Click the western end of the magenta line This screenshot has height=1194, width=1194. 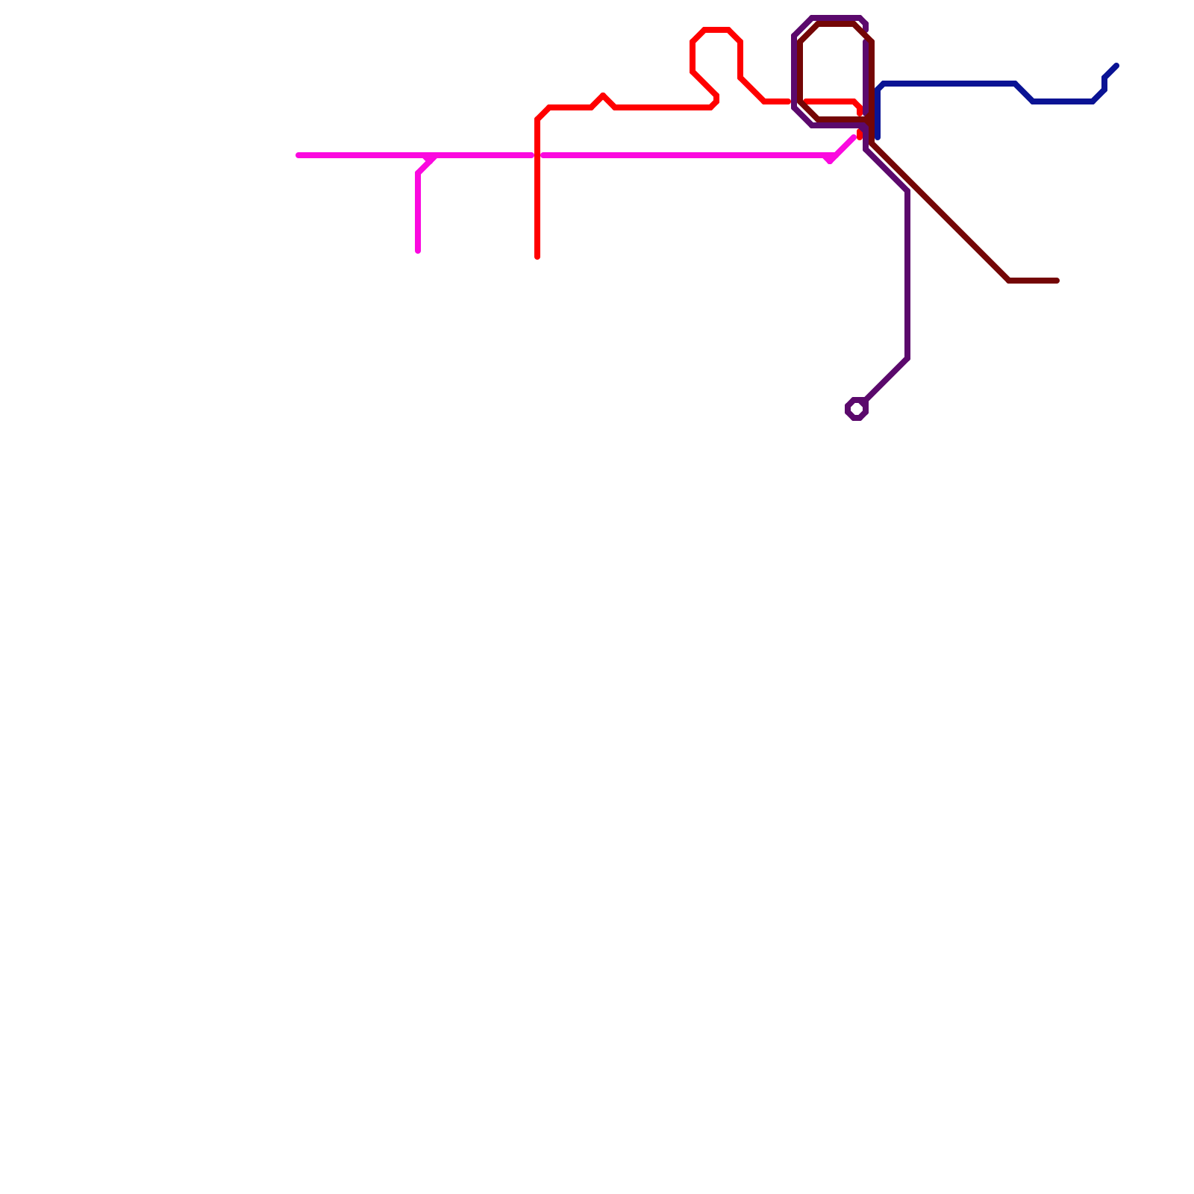[x=298, y=155]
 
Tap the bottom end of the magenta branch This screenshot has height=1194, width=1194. [x=418, y=251]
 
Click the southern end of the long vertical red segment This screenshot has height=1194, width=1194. [x=537, y=257]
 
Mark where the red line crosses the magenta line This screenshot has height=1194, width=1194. [x=537, y=155]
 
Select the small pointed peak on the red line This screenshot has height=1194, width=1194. [x=603, y=96]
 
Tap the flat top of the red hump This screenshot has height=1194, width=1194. [x=716, y=30]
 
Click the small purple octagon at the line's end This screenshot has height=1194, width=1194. [x=857, y=409]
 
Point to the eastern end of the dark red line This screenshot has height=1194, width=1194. [x=1057, y=281]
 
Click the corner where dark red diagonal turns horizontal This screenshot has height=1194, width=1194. [x=1009, y=281]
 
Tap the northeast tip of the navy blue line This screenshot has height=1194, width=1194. [x=1116, y=66]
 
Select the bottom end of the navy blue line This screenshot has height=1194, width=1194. [x=878, y=137]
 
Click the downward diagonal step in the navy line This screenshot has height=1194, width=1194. [x=1024, y=93]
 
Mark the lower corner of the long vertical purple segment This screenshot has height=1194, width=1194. [x=907, y=358]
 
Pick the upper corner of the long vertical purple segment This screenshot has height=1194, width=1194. [x=907, y=191]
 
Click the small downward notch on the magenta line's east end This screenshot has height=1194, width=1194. [x=830, y=160]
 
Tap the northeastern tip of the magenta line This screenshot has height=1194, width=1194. [x=854, y=137]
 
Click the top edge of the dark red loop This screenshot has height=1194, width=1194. [x=836, y=25]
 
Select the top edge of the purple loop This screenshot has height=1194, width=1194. [x=836, y=17]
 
